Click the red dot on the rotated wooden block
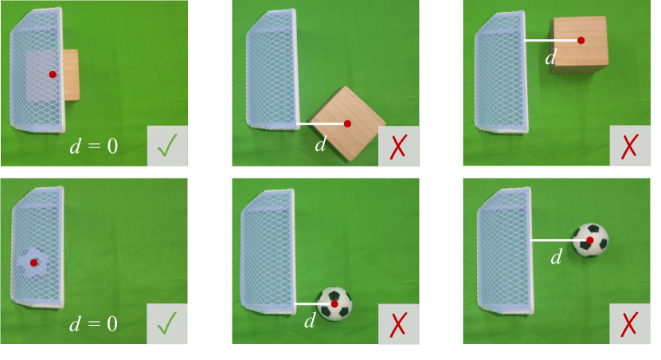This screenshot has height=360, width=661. coord(347,123)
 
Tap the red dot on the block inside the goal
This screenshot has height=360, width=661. coord(53,74)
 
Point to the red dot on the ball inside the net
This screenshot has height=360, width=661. coord(33,263)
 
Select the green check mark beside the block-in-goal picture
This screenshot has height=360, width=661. coord(167,146)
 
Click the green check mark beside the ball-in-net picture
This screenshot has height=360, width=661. coord(167,323)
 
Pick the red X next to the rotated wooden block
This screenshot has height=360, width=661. coord(398,147)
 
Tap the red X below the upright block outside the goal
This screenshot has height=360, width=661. coord(629,146)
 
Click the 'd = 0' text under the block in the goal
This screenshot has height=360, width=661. coord(94,146)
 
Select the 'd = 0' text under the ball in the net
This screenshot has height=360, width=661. coord(94,323)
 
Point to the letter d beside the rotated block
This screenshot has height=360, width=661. coord(320,143)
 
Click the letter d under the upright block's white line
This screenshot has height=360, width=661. coord(550,57)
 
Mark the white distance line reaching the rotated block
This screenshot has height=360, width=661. coord(322,124)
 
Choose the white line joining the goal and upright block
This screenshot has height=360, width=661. coord(553,41)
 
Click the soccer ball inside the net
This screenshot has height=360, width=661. coord(33,262)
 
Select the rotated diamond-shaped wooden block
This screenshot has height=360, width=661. coord(348,123)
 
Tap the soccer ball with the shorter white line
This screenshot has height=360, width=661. coord(334,303)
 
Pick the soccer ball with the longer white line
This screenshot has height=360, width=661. coord(590,240)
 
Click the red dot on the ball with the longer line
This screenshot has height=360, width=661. coord(590,241)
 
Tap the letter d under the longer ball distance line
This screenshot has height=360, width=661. coord(557,256)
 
